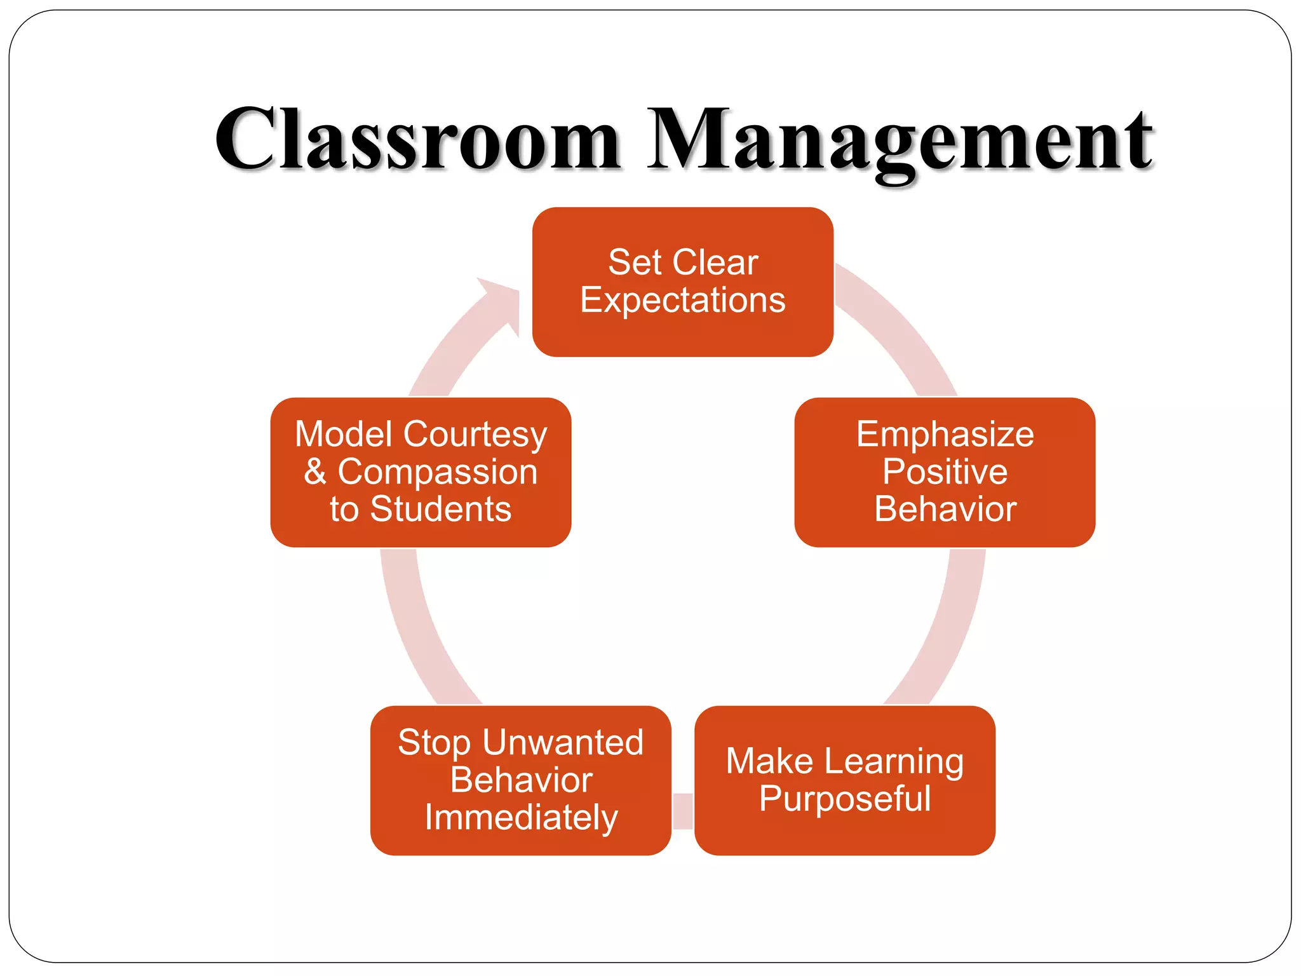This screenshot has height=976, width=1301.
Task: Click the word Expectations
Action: tap(682, 301)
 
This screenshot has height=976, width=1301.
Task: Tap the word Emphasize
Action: tap(945, 435)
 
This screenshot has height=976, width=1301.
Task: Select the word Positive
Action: tap(945, 471)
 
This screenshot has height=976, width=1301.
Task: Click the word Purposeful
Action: tap(844, 799)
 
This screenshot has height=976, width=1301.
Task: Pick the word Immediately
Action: tap(521, 818)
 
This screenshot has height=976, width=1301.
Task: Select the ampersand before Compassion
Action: tap(315, 471)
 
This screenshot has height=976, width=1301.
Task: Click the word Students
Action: tap(441, 509)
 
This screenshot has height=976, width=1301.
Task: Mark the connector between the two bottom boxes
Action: tap(683, 811)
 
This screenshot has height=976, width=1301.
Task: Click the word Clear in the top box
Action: tap(715, 262)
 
